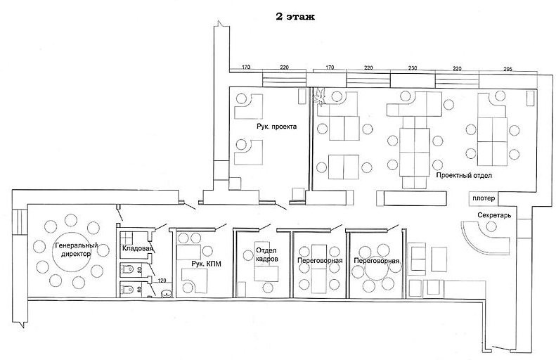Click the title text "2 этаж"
[x=295, y=16]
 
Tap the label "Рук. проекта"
[x=276, y=127]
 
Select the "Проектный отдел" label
[x=464, y=175]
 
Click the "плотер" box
[x=484, y=198]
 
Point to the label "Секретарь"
[x=494, y=215]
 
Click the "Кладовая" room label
[x=137, y=248]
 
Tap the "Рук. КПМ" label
[x=207, y=264]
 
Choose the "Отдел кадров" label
[x=266, y=255]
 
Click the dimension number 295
[x=507, y=69]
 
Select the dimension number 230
[x=413, y=68]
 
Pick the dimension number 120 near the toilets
[x=162, y=281]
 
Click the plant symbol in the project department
[x=321, y=97]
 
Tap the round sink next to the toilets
[x=167, y=293]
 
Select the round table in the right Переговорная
[x=377, y=271]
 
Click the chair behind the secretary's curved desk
[x=491, y=226]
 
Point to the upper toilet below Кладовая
[x=127, y=270]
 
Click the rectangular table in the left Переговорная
[x=319, y=269]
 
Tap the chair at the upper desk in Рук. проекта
[x=241, y=98]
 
